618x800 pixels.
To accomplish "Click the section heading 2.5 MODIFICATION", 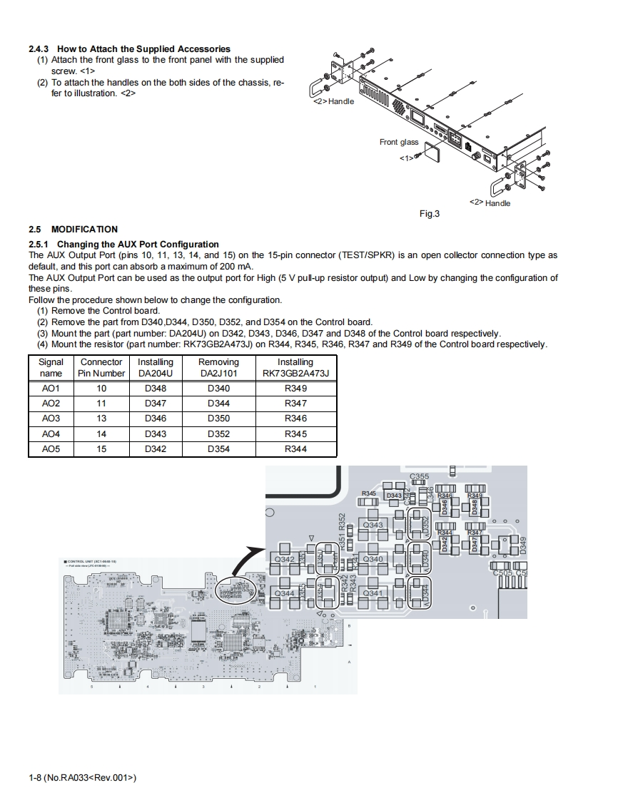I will tap(73, 229).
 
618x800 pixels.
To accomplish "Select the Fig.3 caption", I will tap(429, 214).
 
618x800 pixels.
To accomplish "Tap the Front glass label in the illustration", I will tap(399, 142).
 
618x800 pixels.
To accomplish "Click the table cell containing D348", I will tap(156, 389).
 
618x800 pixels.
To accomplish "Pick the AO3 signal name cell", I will tap(51, 419).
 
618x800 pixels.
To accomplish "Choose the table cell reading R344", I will tap(295, 449).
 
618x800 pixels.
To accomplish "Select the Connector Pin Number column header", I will tap(101, 367).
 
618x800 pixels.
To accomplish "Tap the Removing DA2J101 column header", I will tap(218, 367).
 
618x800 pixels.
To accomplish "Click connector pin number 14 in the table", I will tap(101, 434).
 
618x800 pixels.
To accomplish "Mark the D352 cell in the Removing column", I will tap(218, 434).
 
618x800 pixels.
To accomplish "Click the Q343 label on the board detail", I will tap(373, 525).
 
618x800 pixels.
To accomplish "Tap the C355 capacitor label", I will tap(420, 476).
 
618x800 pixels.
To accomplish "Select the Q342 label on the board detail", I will tap(284, 560).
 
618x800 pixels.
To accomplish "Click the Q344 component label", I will tap(284, 593).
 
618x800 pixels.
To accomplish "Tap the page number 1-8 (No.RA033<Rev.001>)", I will tap(82, 777).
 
